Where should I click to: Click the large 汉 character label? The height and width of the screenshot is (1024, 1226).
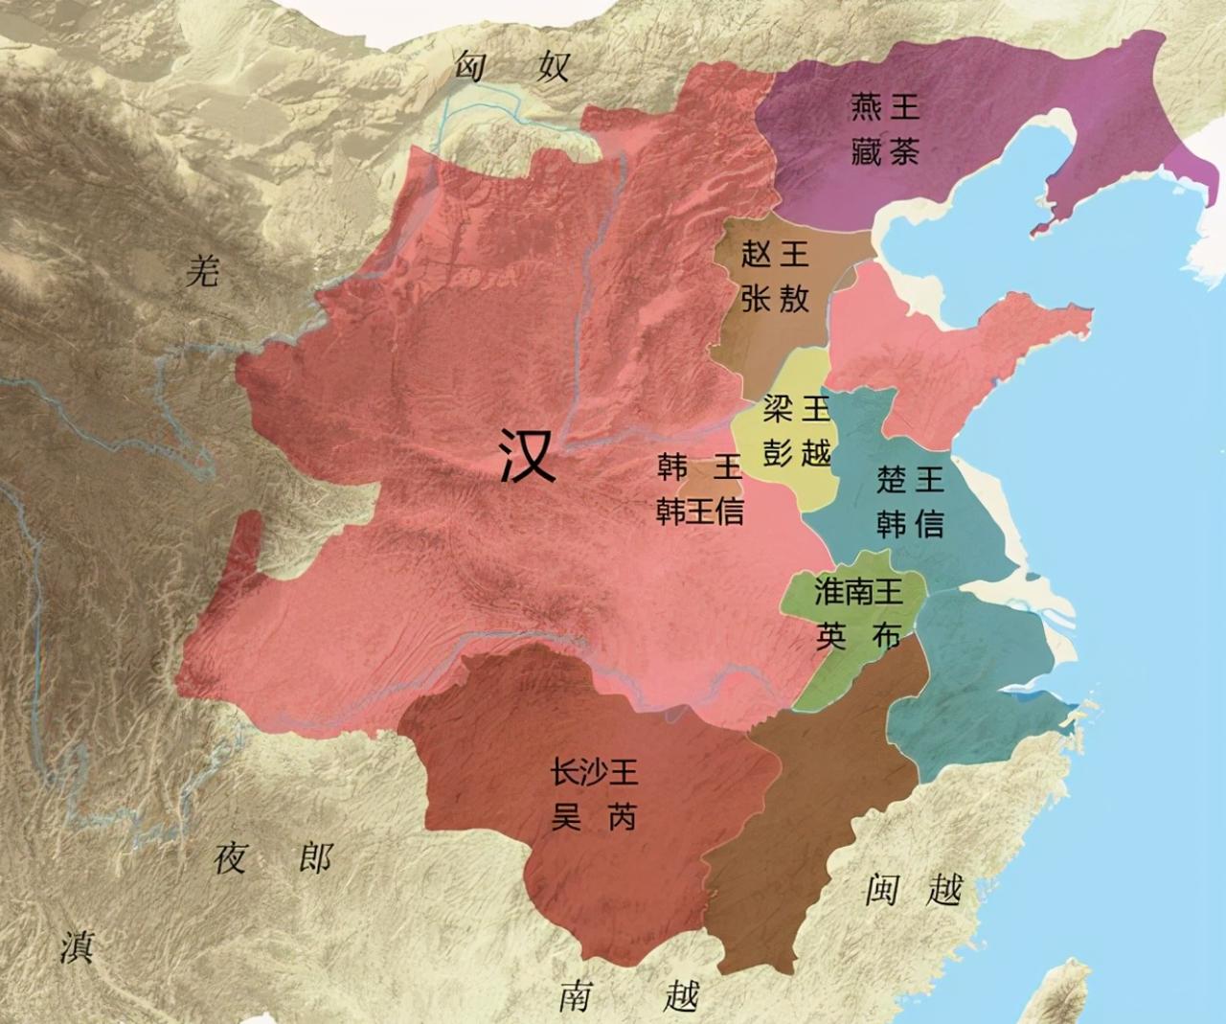tap(528, 454)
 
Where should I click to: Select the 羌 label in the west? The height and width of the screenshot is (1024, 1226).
tap(203, 272)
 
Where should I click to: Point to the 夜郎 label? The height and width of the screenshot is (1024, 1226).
tap(273, 857)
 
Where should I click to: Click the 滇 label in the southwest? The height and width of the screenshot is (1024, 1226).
tap(77, 945)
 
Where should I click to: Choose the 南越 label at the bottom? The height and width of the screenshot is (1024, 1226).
tap(629, 996)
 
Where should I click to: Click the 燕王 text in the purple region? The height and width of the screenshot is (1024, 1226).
tap(885, 106)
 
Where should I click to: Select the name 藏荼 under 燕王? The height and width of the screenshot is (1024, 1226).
tap(885, 150)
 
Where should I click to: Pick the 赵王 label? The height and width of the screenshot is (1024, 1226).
tap(775, 254)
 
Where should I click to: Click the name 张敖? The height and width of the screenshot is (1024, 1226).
tap(775, 298)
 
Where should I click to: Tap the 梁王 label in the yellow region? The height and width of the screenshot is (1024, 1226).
tap(796, 409)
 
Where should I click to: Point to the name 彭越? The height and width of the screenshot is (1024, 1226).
tap(796, 451)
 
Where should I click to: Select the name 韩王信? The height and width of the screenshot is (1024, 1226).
tap(699, 512)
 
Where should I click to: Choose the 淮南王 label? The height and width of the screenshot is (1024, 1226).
tap(858, 591)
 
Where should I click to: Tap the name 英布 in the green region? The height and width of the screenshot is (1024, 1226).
tap(858, 636)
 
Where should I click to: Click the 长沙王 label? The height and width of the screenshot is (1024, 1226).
tap(594, 772)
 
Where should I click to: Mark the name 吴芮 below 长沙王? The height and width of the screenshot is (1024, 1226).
tap(594, 817)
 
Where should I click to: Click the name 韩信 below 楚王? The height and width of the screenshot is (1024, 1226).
tap(910, 524)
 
